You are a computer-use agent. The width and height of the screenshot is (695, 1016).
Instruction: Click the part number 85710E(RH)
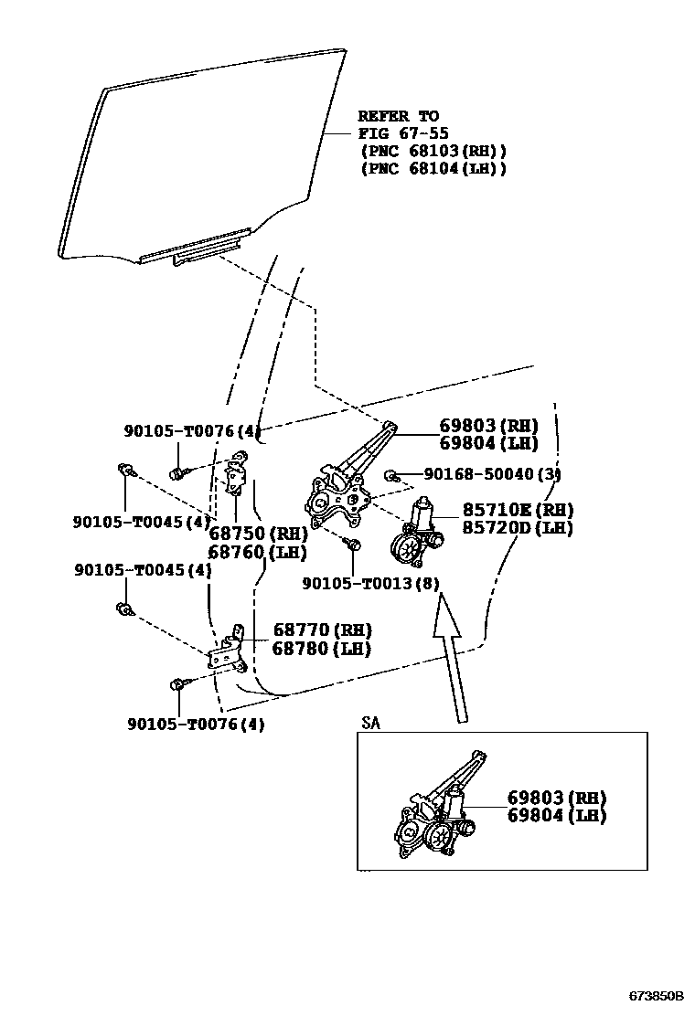(x=518, y=510)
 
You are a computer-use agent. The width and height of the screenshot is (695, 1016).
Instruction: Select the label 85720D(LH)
(x=518, y=528)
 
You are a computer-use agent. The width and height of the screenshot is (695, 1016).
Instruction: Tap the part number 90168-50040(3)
(x=491, y=474)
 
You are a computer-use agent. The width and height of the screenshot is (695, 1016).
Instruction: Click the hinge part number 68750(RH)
(x=257, y=534)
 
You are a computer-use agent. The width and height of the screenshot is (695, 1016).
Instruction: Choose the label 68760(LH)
(x=257, y=552)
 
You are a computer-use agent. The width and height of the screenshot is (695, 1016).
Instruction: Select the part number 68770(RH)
(x=321, y=630)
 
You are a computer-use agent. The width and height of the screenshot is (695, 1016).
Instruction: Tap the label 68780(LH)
(x=321, y=649)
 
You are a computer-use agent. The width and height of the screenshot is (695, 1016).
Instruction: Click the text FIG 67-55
(x=402, y=133)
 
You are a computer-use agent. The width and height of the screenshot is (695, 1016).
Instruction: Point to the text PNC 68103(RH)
(x=433, y=151)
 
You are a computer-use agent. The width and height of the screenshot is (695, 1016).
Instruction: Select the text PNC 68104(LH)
(x=433, y=169)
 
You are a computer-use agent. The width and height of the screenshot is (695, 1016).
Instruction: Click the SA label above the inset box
(x=369, y=723)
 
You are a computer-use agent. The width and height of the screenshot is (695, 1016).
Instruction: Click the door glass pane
(x=201, y=155)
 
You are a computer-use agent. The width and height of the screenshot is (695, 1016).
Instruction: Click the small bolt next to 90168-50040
(x=390, y=474)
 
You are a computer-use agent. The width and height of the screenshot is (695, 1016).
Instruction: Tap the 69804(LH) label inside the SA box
(x=557, y=816)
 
